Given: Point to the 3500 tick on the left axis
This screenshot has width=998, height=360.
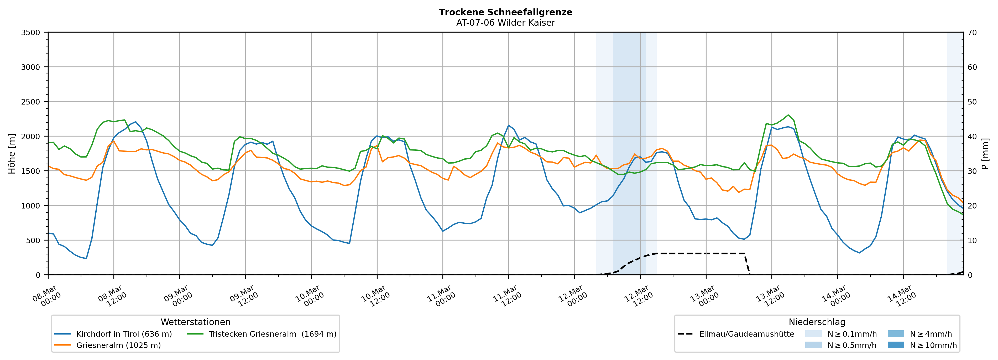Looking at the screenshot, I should click(x=31, y=33).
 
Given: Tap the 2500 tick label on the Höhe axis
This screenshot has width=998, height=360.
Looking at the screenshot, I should click(x=31, y=102).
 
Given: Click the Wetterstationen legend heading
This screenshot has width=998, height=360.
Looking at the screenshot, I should click(x=195, y=322).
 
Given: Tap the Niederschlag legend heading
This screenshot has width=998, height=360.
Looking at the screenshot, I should click(x=817, y=322).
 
